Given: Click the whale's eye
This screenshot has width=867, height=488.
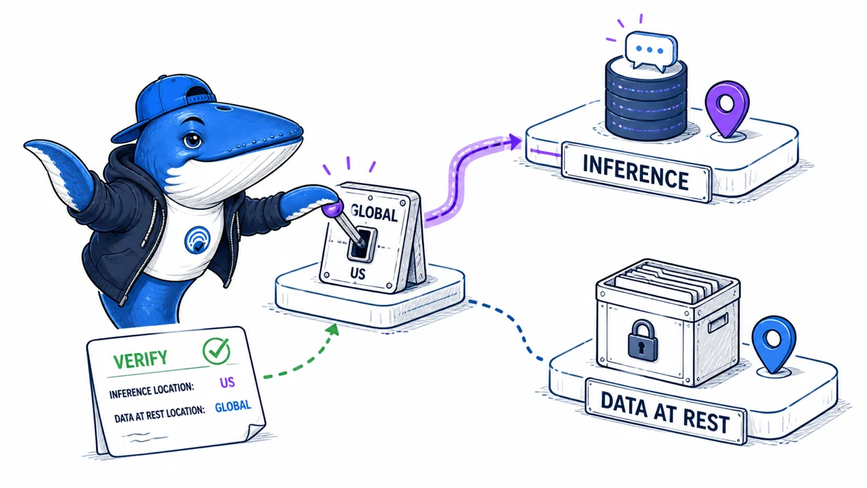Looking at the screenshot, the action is click(192, 140).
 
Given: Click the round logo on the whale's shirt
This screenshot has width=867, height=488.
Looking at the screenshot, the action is click(198, 240).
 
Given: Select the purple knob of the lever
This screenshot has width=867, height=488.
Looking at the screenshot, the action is click(332, 209).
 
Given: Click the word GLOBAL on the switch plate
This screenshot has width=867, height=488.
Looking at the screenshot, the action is click(374, 213).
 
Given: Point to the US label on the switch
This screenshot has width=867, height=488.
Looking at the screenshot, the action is click(358, 274).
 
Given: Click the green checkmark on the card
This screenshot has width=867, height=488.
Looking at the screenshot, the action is click(217, 351).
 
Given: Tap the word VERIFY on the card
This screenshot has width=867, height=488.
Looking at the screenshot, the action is click(140, 359).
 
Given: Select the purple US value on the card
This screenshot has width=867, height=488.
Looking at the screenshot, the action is click(227, 382).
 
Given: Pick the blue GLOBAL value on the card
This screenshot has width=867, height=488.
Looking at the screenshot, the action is click(233, 406).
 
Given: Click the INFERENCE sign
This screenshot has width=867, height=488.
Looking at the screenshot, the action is click(636, 172).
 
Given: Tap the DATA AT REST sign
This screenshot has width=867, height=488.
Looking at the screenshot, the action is click(665, 411).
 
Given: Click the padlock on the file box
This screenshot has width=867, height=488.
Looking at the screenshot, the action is click(642, 341).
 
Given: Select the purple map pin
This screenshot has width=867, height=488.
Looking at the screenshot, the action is click(728, 109).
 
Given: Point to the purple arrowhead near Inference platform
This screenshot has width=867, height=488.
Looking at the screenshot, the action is click(514, 142).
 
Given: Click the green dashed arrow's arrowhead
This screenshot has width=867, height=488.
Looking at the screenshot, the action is click(332, 330).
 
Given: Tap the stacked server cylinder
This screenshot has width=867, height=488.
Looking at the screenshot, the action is click(646, 100).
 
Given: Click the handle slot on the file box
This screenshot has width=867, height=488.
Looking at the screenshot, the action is click(718, 323).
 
